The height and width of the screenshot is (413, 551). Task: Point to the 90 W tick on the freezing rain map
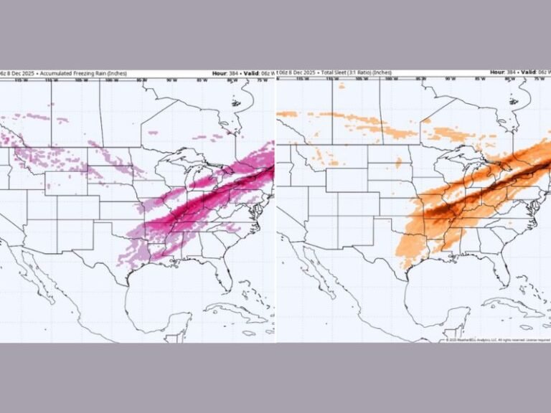171,80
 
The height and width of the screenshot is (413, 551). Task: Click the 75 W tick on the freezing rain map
262,80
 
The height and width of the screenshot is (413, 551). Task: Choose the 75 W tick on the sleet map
539,80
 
